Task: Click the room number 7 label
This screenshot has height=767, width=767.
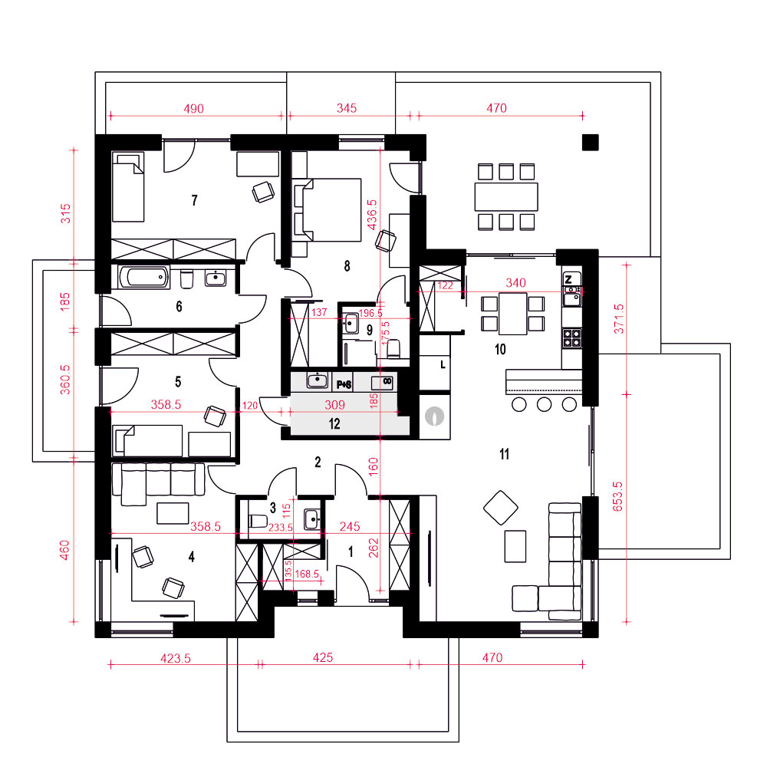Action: click(x=195, y=200)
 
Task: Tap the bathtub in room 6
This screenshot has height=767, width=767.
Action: click(x=144, y=278)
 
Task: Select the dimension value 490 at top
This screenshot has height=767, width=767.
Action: click(x=194, y=109)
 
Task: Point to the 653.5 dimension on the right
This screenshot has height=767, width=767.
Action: click(x=617, y=496)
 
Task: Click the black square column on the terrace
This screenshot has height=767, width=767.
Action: click(x=591, y=143)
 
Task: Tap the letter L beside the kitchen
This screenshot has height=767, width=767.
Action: click(x=443, y=364)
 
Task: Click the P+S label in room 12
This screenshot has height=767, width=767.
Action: click(x=344, y=385)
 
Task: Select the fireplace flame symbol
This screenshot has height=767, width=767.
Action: click(x=434, y=416)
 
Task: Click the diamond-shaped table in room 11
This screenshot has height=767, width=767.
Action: click(x=501, y=508)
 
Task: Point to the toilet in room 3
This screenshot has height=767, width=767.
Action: click(x=258, y=521)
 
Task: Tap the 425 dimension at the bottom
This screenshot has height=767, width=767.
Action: click(x=323, y=657)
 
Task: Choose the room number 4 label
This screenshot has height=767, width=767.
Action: click(x=191, y=557)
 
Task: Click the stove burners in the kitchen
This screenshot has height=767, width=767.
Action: click(x=572, y=338)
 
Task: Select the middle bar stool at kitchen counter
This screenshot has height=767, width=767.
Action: click(x=544, y=404)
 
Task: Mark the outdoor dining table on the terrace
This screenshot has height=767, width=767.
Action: click(x=506, y=196)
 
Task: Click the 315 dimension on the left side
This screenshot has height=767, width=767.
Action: click(x=65, y=214)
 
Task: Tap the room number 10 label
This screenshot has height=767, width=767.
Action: click(x=500, y=349)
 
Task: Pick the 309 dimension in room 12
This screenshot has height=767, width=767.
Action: click(x=335, y=405)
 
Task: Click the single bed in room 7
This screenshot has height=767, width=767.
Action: click(x=128, y=187)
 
